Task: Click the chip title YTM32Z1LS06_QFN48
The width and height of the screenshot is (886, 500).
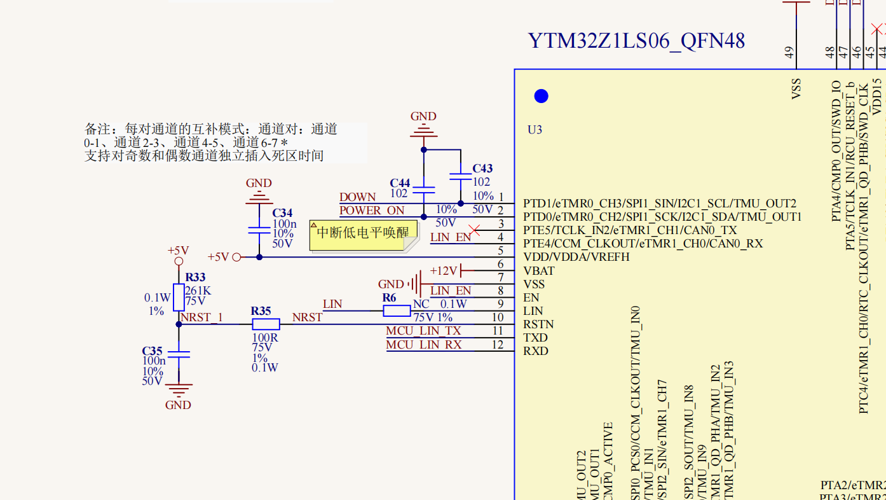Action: [636, 41]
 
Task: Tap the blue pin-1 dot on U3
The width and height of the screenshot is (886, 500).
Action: [541, 96]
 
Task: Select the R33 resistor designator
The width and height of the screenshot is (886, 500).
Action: [195, 277]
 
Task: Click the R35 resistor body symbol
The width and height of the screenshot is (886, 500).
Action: [266, 324]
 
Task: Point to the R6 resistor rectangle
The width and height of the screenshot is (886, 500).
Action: [397, 310]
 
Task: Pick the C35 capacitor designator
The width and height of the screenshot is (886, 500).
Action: [152, 351]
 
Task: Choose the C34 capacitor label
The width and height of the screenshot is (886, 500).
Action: [282, 213]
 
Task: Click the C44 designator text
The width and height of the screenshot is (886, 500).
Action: [400, 183]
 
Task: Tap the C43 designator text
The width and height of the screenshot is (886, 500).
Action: [482, 169]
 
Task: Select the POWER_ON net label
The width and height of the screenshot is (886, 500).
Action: [372, 211]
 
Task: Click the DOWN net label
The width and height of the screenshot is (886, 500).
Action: [358, 197]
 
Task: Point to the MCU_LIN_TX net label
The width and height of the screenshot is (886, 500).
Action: [423, 331]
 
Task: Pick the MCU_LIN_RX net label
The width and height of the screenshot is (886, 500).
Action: [424, 345]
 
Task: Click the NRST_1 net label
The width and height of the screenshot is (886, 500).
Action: [201, 317]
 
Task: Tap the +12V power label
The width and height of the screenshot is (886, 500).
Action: [444, 271]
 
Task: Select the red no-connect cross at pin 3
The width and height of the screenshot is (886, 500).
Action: [474, 230]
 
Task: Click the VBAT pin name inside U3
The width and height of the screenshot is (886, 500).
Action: [538, 271]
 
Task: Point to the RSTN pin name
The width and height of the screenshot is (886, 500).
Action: [538, 324]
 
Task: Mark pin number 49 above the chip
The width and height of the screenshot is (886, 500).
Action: [790, 53]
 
